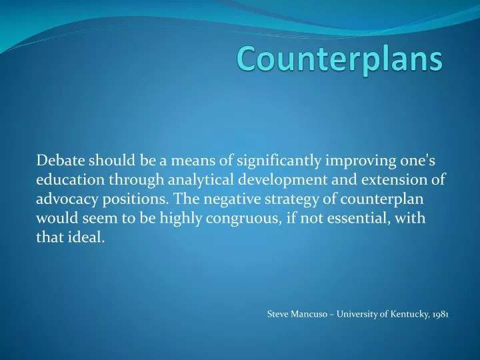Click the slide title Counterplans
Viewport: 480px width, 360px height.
(x=340, y=59)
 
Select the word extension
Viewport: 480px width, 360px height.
(x=397, y=179)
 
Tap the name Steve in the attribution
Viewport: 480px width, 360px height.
(x=278, y=313)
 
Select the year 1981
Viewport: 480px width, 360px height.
(x=439, y=313)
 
